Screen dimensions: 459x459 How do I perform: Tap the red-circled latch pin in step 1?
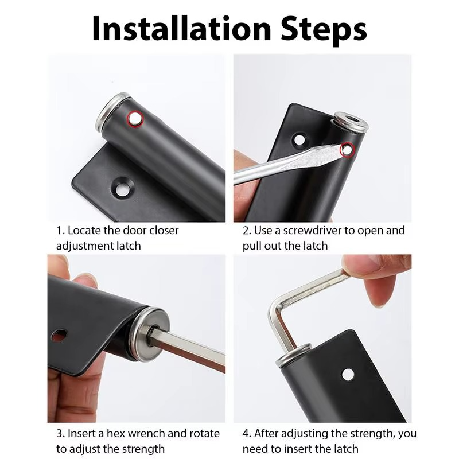point(135,119)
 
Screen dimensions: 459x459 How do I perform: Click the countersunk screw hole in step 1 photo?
point(123,186)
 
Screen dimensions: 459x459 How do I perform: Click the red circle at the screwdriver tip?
point(346,150)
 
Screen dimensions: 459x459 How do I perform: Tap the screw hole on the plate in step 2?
point(299,139)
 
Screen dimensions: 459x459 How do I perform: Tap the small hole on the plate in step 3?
point(59,335)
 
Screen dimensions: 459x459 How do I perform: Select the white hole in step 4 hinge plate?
point(348,375)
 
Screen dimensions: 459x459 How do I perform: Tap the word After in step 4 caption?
point(269,433)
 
